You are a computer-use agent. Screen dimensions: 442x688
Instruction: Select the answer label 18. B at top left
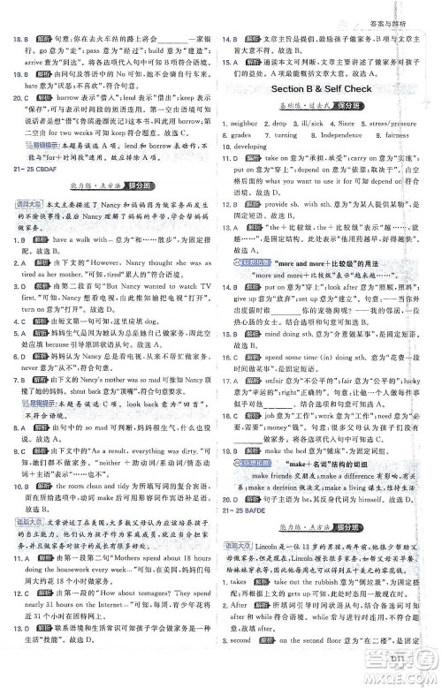19,39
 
